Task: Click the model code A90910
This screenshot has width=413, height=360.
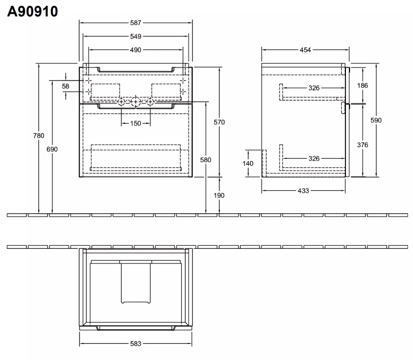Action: (x=32, y=11)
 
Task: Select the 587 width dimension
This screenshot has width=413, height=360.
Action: (x=136, y=23)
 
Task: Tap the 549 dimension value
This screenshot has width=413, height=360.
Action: (x=136, y=36)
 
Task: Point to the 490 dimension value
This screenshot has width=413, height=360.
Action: (x=136, y=50)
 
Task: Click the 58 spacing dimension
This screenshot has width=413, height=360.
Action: (x=66, y=86)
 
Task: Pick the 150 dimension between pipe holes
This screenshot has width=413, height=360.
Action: (x=136, y=123)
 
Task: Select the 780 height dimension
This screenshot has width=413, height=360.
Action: (x=39, y=136)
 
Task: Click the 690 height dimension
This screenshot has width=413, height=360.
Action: (x=52, y=149)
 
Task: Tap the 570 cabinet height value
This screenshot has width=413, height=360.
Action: (x=219, y=122)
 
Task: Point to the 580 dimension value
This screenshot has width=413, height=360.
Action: (x=206, y=160)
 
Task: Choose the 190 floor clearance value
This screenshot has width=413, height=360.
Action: (x=219, y=196)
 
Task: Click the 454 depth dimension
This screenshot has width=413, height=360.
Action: (x=306, y=50)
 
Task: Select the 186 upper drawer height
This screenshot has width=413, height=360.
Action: (x=363, y=85)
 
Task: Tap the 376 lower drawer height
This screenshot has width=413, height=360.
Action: (x=363, y=145)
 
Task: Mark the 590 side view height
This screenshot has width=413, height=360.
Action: (x=376, y=120)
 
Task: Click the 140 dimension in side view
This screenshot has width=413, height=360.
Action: (x=248, y=164)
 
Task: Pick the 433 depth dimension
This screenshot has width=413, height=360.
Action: (x=303, y=191)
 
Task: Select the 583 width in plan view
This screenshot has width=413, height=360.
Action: (x=136, y=344)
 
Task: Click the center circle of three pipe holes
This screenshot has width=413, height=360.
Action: (x=136, y=101)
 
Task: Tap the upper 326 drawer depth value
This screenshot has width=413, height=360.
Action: (x=314, y=88)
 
